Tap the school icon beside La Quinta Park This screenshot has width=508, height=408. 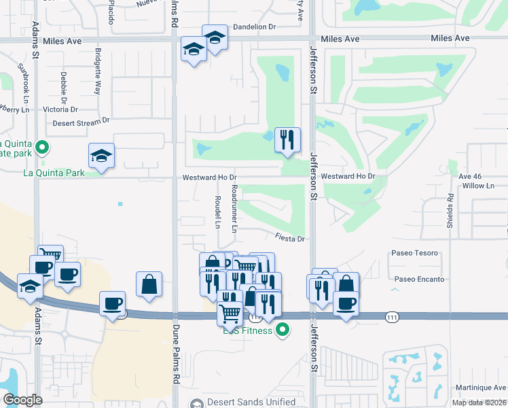click(102, 156)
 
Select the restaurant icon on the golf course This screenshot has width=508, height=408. click(287, 140)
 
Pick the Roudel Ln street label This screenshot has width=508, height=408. click(217, 211)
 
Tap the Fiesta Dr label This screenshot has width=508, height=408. click(292, 239)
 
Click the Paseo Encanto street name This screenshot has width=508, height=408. click(419, 279)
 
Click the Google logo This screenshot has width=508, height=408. click(22, 400)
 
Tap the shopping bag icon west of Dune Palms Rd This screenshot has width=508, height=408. click(149, 285)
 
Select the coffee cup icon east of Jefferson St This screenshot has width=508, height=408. click(346, 303)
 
